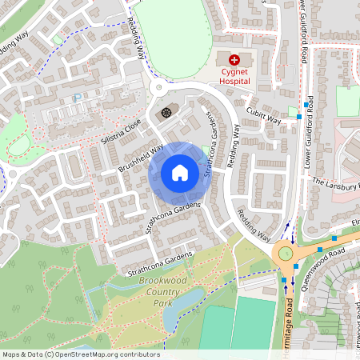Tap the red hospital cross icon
235,60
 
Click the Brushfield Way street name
141,158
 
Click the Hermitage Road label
287,320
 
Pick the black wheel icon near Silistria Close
166,112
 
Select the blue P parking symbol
77,98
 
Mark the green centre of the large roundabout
283,254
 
